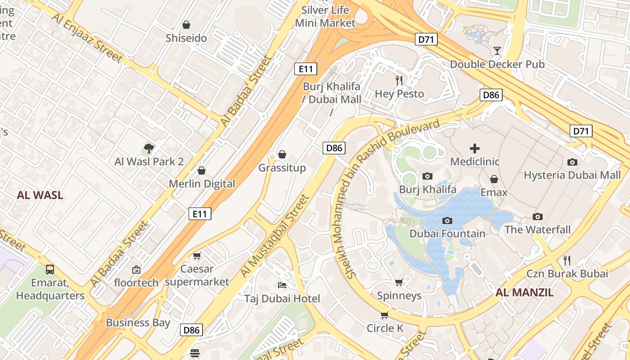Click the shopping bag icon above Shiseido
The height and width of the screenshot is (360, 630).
186,25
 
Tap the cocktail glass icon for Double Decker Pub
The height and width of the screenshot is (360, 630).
497,50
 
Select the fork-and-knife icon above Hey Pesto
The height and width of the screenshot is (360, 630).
399,81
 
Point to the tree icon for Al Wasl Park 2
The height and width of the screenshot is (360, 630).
149,148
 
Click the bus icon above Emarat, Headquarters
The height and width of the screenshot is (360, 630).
50,270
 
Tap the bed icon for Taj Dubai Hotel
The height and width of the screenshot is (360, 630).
282,285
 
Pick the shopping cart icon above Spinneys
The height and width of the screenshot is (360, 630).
399,282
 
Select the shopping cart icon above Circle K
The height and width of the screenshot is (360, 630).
385,315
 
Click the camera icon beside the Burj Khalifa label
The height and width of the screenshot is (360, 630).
427,176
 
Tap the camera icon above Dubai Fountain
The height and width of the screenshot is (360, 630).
447,220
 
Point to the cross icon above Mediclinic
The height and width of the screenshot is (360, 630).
475,148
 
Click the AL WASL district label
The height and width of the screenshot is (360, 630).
40,195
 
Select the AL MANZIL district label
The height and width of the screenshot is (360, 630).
525,292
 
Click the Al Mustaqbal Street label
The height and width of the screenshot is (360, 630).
275,236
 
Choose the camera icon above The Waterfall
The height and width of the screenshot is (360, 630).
537,217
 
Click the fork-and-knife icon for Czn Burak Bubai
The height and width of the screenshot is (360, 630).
567,260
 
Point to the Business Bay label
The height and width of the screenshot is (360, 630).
138,323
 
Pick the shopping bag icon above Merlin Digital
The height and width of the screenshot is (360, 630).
202,171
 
